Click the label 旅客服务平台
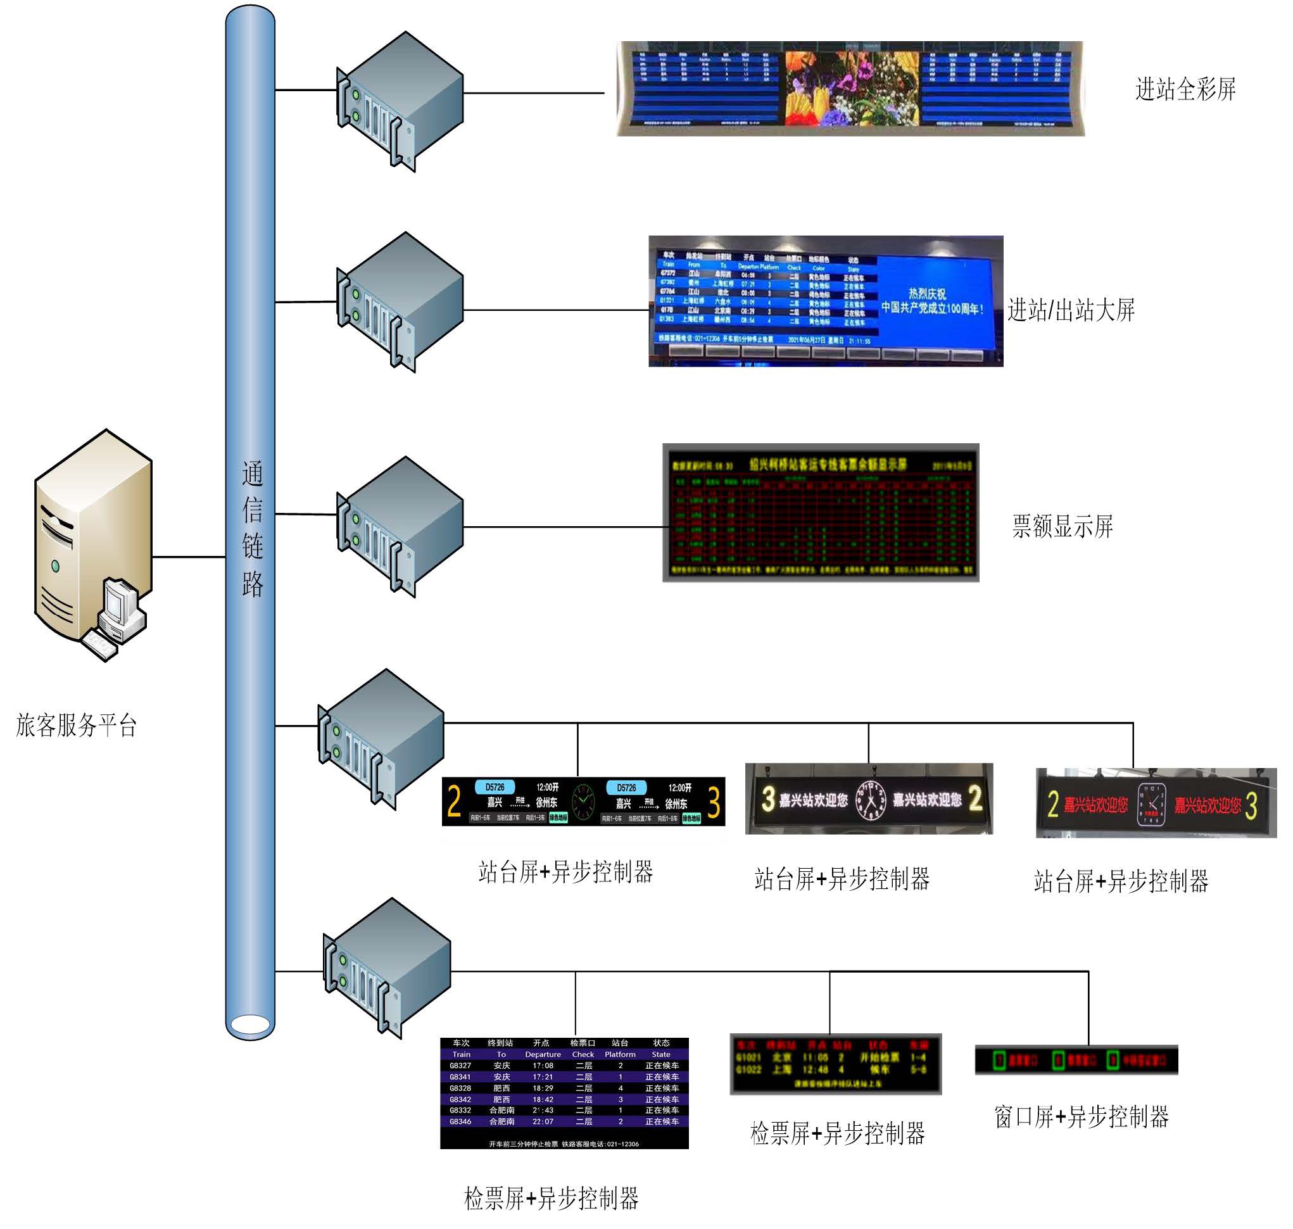coord(76,726)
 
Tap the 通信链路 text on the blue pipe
coord(252,528)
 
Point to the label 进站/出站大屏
coord(1070,310)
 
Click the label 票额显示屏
coord(1062,526)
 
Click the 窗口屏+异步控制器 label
coord(1081,1117)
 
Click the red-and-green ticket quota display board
coord(820,513)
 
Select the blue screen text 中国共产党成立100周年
coord(931,308)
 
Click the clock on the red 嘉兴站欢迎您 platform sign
coord(1151,804)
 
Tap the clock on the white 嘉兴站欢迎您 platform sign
coord(871,800)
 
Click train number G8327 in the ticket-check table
coord(460,1066)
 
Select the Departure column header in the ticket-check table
coord(543,1055)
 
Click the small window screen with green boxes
coord(1076,1060)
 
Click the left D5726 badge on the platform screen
coord(495,788)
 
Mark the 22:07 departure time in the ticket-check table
coord(543,1121)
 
